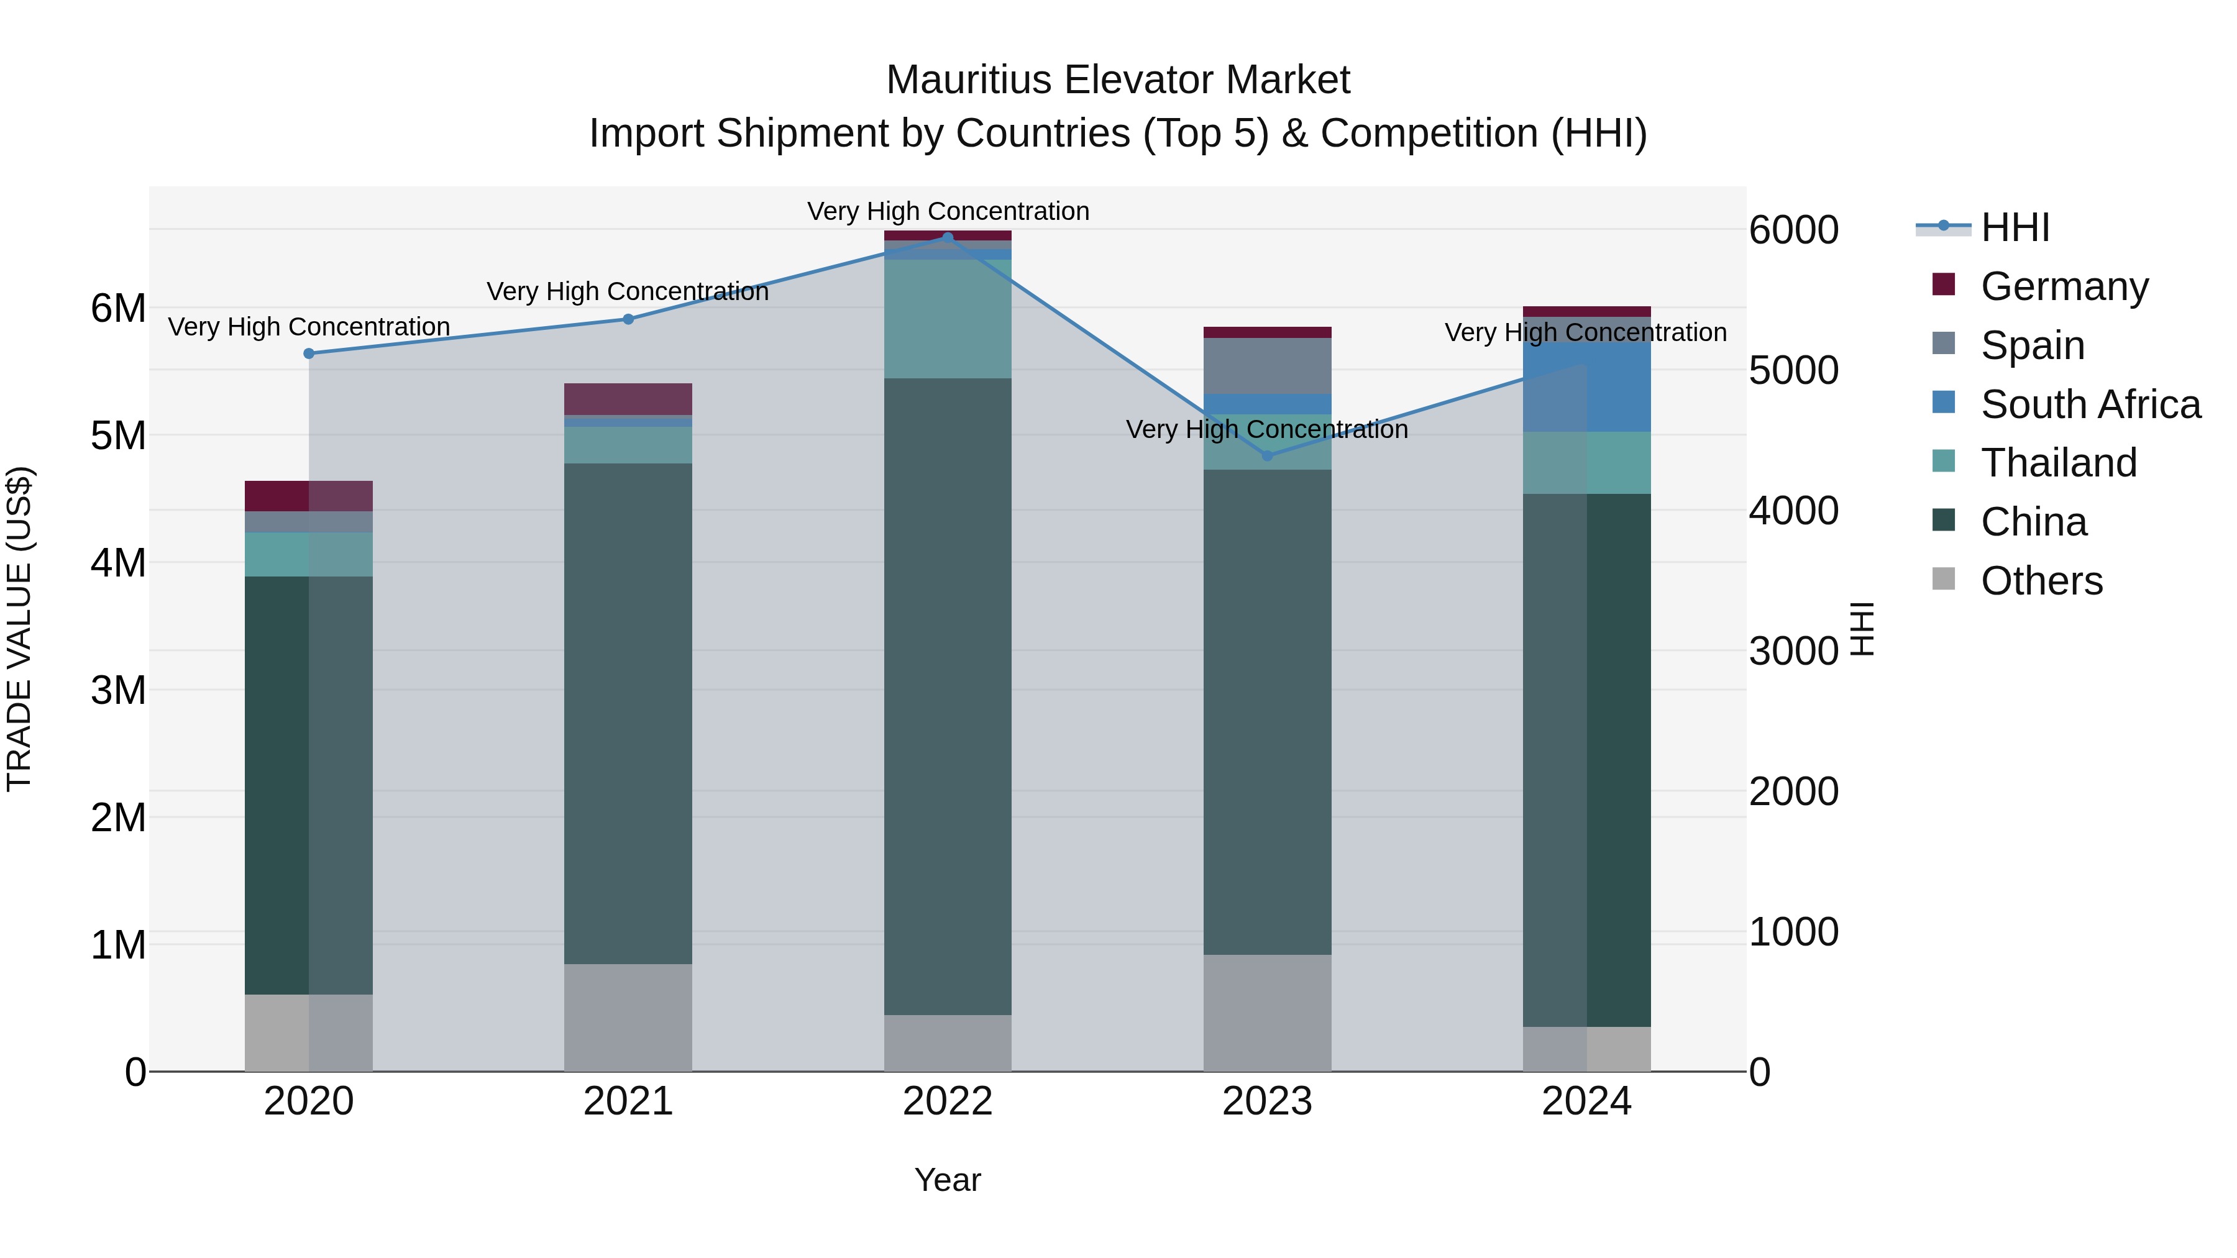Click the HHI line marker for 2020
[309, 353]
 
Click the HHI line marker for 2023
[1267, 456]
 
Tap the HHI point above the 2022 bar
[948, 237]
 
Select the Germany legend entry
[2063, 286]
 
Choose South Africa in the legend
[2089, 404]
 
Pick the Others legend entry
[2041, 581]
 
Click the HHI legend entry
[2015, 227]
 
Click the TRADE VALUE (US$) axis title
[19, 629]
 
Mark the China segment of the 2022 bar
[948, 695]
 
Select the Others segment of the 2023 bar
[1267, 1013]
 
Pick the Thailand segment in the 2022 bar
[948, 319]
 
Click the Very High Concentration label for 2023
[1267, 430]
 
